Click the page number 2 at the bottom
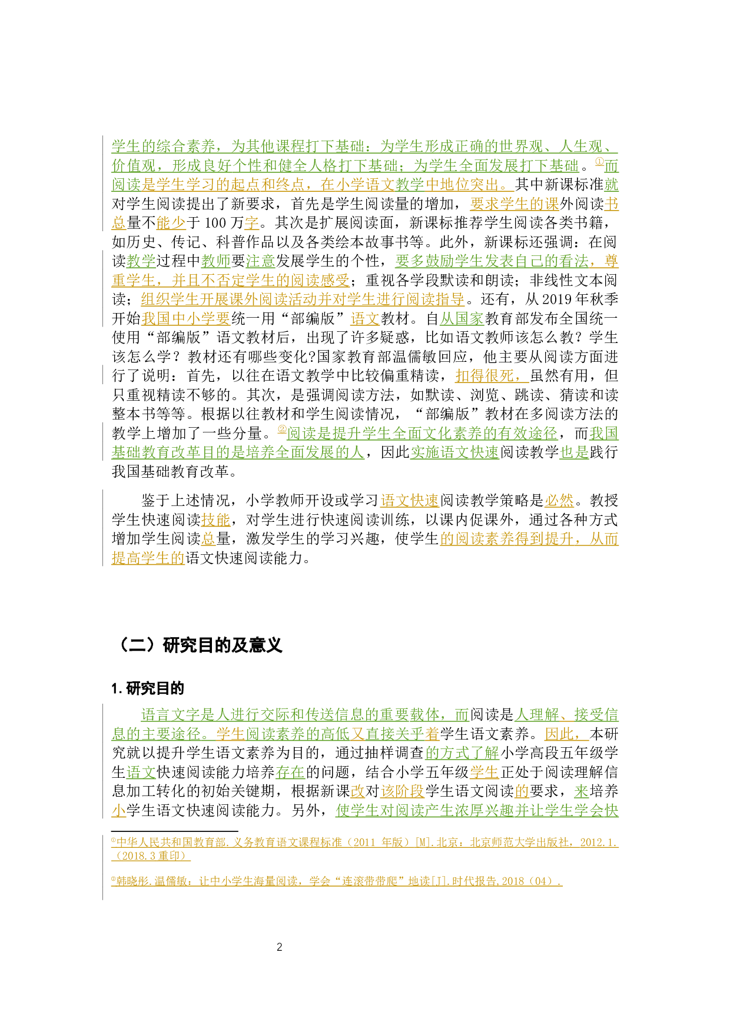279,947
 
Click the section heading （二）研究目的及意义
197,645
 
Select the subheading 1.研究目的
148,688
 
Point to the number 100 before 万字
215,223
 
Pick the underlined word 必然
559,501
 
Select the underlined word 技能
215,520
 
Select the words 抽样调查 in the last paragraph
394,753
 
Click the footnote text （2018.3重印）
151,855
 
